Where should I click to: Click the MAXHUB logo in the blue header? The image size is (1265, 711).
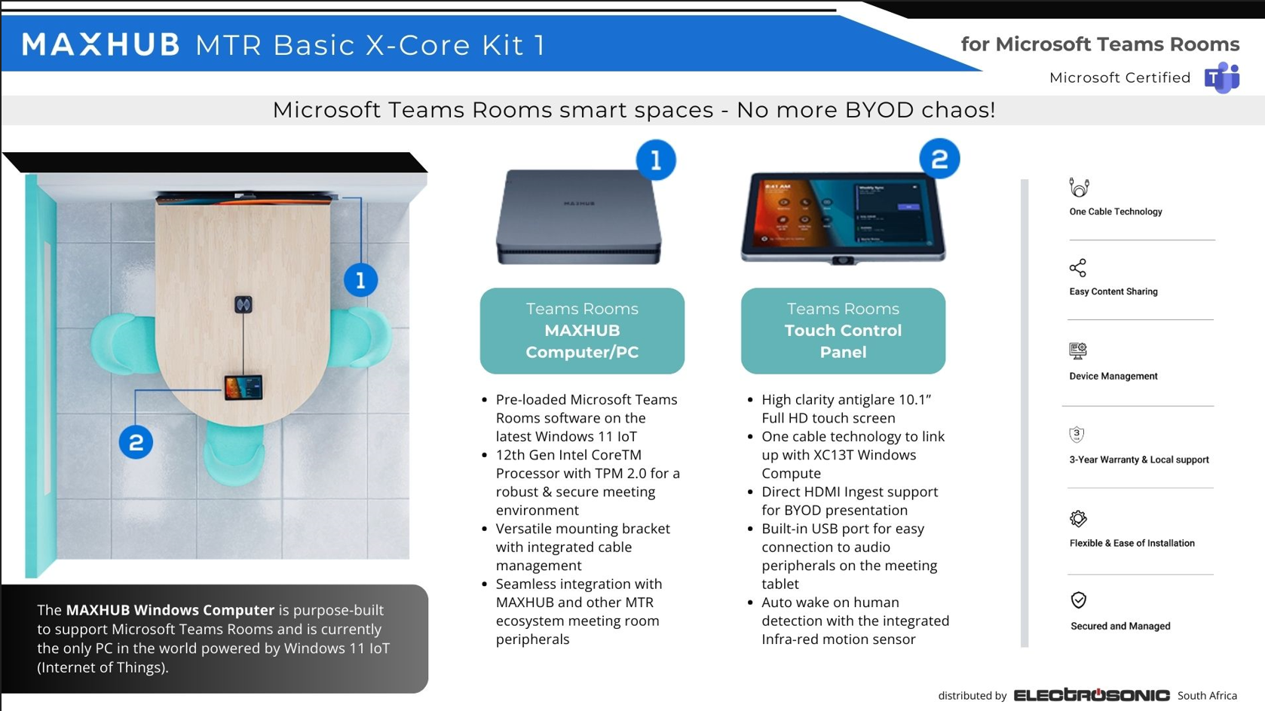[100, 44]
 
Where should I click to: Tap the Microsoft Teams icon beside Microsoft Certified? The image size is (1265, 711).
[1222, 78]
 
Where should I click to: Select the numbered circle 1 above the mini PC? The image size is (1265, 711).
[656, 160]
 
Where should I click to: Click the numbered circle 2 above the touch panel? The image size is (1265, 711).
[939, 159]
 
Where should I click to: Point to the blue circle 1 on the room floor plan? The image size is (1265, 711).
[361, 280]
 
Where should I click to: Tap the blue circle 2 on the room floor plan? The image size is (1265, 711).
[136, 442]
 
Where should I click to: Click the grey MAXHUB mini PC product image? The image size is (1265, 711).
[579, 217]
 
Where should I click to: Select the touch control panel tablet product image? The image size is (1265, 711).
[843, 218]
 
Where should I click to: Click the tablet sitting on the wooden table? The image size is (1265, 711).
[244, 388]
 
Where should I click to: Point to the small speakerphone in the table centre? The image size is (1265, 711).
[244, 305]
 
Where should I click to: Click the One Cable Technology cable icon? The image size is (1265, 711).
[1079, 187]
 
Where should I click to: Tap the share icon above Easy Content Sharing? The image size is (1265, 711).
[1077, 268]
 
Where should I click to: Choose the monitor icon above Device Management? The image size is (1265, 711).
[1077, 351]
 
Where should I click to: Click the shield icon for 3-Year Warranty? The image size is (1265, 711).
[1077, 435]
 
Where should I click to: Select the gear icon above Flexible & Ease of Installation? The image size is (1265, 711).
[1078, 519]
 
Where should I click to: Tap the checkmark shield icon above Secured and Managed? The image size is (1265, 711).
[1078, 600]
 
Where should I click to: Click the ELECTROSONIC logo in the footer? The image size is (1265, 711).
[1092, 695]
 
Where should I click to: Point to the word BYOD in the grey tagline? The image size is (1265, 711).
[879, 110]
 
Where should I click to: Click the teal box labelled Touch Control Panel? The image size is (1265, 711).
[843, 331]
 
